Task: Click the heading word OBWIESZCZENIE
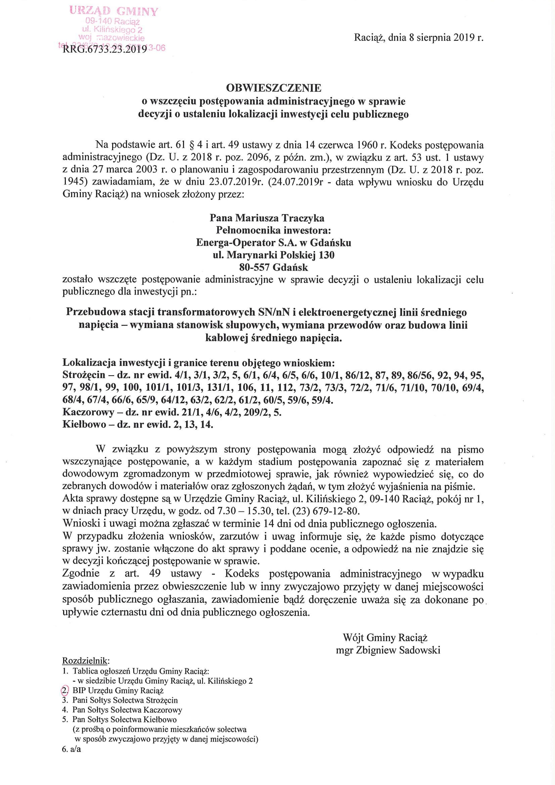tap(274, 88)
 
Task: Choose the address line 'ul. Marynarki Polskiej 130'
tap(274, 255)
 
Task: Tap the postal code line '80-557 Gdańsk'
tap(274, 267)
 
